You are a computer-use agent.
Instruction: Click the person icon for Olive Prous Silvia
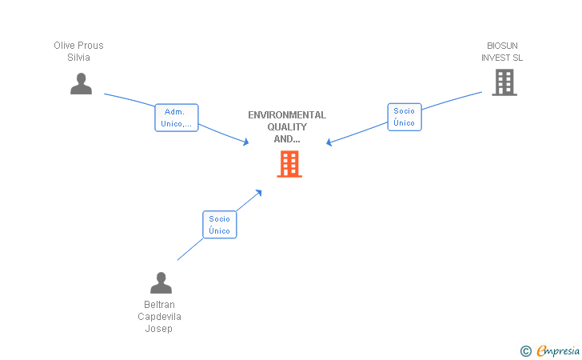81,83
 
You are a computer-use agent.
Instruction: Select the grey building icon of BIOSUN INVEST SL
504,82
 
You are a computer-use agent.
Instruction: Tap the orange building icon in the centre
289,163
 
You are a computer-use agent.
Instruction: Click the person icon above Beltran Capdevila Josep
161,282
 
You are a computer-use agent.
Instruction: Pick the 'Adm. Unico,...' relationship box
176,118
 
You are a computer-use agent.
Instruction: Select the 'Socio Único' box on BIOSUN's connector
404,117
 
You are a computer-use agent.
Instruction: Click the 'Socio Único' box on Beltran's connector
219,225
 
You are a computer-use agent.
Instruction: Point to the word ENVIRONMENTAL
287,115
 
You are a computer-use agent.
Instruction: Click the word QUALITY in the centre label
287,127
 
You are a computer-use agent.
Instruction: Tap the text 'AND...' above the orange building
287,139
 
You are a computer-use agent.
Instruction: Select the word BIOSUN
502,46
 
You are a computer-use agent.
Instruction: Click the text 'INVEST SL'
502,58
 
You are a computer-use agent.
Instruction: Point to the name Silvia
78,58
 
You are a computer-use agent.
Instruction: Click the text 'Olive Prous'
78,46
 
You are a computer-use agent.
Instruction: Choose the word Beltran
159,305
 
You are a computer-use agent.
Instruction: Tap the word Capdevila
159,317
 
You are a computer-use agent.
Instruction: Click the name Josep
159,329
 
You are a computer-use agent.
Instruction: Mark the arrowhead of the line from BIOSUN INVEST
329,143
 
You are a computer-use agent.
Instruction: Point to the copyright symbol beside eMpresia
525,350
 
